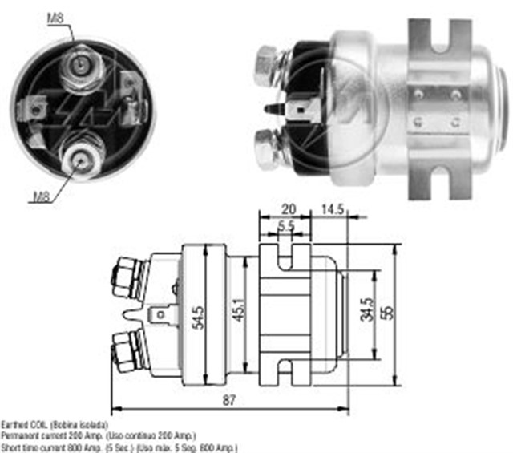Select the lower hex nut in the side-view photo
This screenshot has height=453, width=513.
[x=269, y=148]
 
